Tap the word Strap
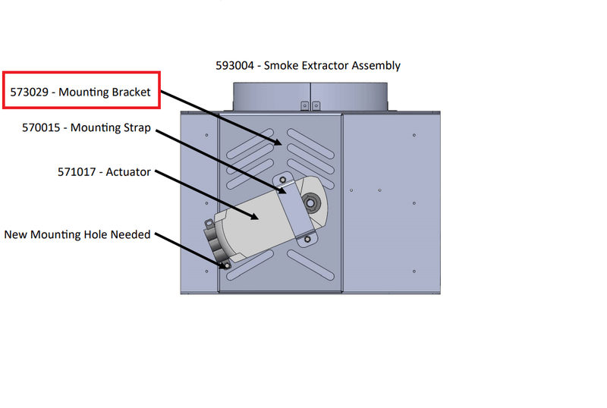(x=134, y=128)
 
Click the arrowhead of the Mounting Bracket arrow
(x=279, y=142)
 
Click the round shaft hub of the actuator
(x=310, y=203)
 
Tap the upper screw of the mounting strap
(x=283, y=180)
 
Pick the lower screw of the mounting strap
(x=307, y=240)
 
